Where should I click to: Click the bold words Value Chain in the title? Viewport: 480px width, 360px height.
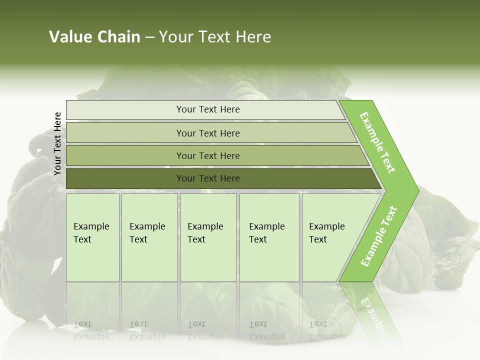[x=94, y=37]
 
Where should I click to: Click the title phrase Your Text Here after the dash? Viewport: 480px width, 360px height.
[x=215, y=37]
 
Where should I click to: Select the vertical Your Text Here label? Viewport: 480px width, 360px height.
[x=57, y=144]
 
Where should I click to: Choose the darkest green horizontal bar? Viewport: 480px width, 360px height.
[x=125, y=178]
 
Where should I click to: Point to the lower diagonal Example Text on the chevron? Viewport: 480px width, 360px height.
[x=379, y=236]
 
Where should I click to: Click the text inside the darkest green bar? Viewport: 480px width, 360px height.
[x=208, y=178]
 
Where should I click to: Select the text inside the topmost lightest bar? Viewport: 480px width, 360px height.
[x=208, y=109]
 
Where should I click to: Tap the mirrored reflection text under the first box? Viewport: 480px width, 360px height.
[x=91, y=330]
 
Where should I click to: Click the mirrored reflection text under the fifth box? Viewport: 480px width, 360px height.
[x=326, y=330]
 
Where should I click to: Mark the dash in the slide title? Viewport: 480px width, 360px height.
[x=149, y=37]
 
